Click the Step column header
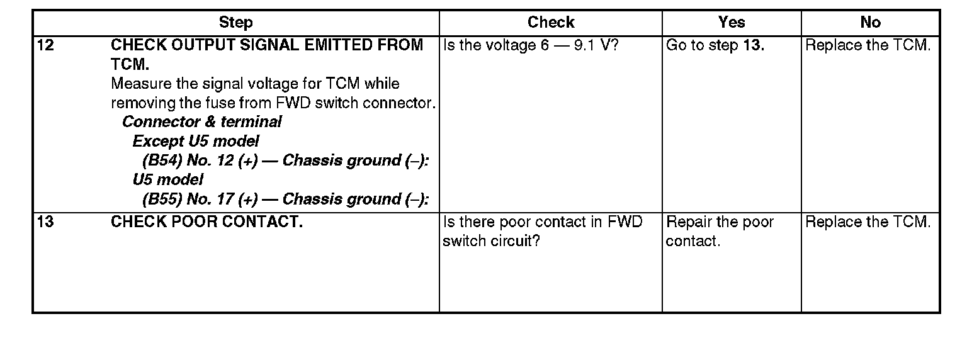(x=236, y=23)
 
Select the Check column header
(x=551, y=23)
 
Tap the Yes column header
(x=732, y=23)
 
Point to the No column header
(x=870, y=23)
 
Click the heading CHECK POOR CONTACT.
(x=206, y=222)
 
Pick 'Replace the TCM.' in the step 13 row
(x=868, y=222)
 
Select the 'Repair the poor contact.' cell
(x=720, y=232)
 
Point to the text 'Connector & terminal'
(x=201, y=121)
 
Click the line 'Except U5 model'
(x=195, y=141)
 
